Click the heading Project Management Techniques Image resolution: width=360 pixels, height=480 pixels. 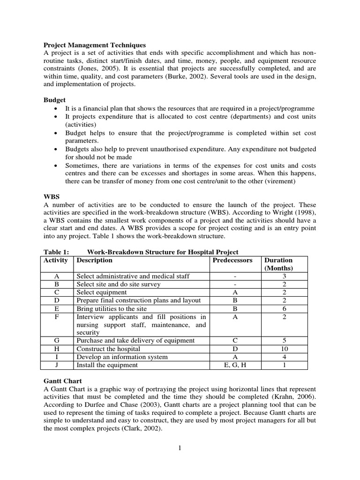[94, 45]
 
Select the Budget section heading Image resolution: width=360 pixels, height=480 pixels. [54, 100]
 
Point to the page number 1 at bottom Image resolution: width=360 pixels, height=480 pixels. [180, 448]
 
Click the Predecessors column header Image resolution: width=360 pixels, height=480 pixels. [232, 260]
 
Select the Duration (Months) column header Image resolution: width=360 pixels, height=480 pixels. [278, 264]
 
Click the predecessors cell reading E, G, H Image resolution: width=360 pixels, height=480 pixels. [232, 365]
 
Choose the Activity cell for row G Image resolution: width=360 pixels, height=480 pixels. [56, 341]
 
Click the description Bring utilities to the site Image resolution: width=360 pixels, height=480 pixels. [112, 309]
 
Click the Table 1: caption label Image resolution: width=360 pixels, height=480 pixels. [56, 252]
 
